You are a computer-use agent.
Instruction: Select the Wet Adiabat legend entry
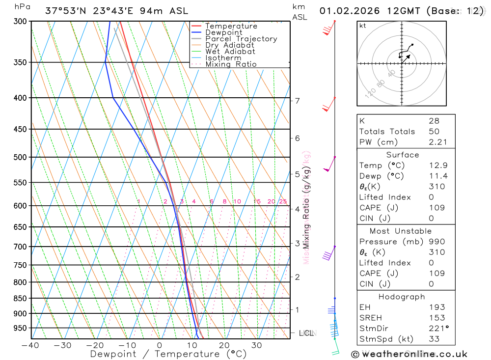pos(230,52)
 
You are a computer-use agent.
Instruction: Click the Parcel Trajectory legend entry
pos(241,39)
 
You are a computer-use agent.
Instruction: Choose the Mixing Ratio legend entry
pos(231,64)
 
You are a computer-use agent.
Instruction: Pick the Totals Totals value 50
pos(433,131)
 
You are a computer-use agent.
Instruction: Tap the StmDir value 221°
pos(436,329)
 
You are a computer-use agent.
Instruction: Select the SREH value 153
pos(436,318)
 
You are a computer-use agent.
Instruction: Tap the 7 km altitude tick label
pos(297,101)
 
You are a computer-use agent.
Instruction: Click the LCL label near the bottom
pos(306,333)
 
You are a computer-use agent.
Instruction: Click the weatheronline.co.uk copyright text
pos(409,354)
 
